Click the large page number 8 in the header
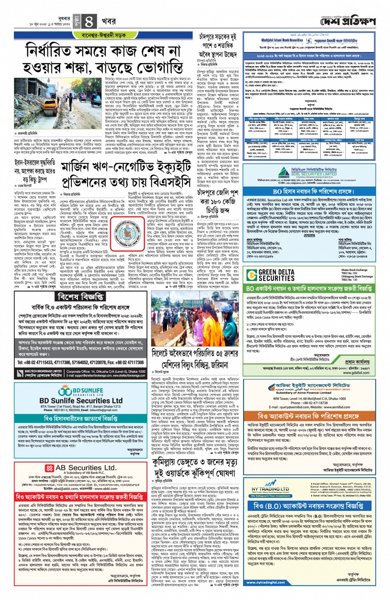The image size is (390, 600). coord(89,21)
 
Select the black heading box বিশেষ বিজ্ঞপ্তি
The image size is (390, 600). coord(80,297)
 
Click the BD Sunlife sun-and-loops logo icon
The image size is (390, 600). coord(65,391)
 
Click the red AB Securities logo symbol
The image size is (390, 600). coord(50,468)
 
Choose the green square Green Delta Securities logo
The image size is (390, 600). coord(252,275)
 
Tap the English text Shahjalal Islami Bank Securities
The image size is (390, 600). coord(282,40)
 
